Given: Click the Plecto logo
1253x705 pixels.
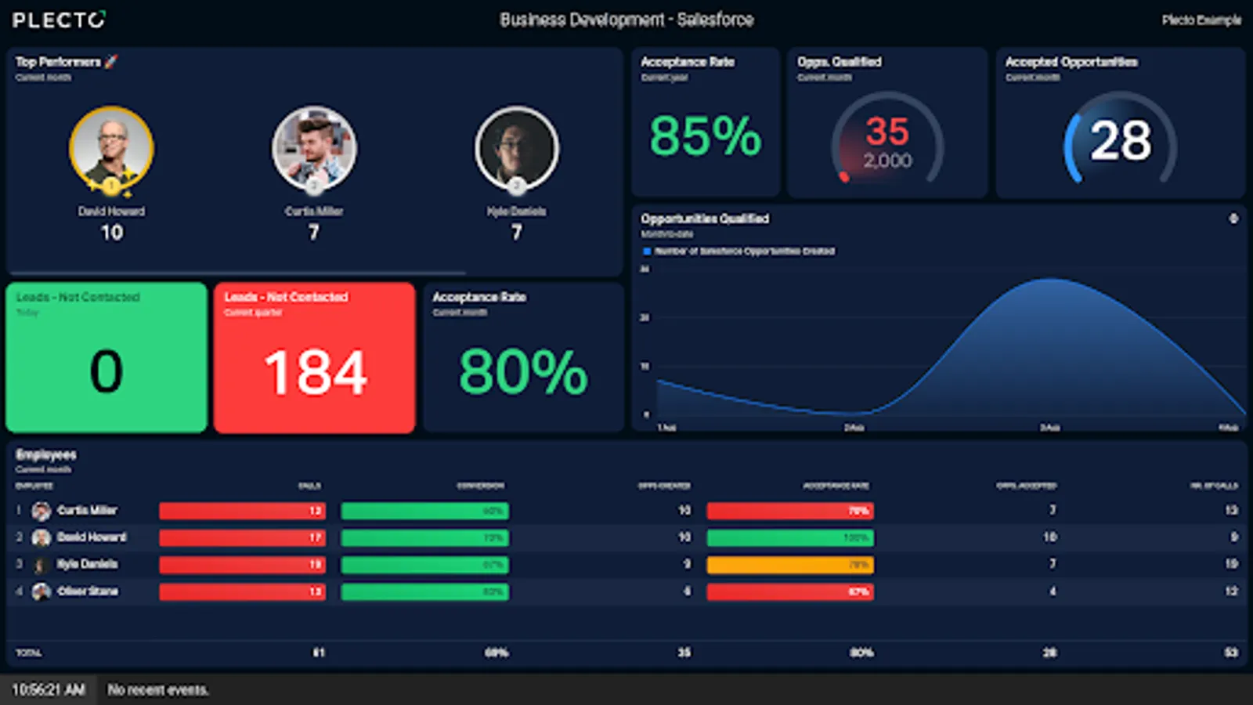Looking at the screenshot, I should (59, 20).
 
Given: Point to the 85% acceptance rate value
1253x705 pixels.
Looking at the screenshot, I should (705, 136).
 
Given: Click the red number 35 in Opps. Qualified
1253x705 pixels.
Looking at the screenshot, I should (887, 132).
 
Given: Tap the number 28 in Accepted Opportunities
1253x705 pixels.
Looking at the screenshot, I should (1121, 142).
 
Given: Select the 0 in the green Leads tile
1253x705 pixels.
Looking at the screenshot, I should (107, 371).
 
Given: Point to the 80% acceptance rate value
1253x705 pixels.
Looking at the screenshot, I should (523, 372).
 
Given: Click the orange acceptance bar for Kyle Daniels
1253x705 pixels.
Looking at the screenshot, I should (789, 565).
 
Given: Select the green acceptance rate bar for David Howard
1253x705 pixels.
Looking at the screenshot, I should (789, 538).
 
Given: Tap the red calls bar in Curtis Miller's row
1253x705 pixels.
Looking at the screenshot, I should (242, 512).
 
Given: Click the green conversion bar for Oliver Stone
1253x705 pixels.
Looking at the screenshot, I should (424, 592).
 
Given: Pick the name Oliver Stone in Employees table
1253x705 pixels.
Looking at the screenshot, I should (88, 591).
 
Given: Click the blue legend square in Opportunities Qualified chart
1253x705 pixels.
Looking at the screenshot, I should (647, 251).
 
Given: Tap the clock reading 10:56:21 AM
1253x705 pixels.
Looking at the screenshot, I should (49, 690).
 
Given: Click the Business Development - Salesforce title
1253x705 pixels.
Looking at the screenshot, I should (626, 20).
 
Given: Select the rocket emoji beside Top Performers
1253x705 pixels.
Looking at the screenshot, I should (111, 62).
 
